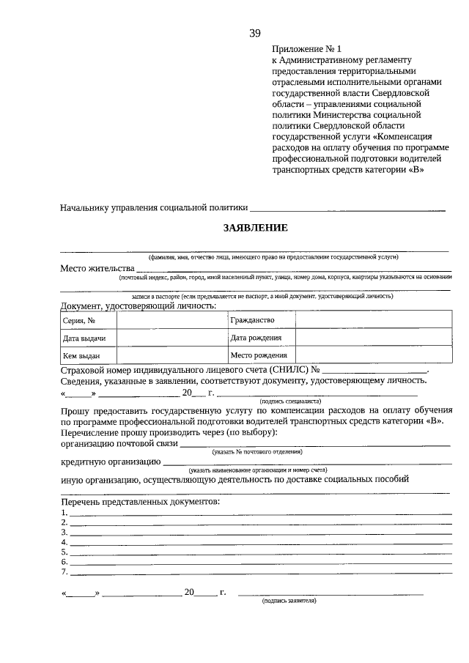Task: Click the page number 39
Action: point(255,33)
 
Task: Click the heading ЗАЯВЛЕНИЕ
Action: point(256,228)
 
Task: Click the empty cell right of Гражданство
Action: point(373,320)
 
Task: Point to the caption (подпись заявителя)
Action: point(289,600)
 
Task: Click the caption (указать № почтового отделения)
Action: point(258,453)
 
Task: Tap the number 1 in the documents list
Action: point(64,513)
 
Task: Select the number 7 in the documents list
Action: point(64,571)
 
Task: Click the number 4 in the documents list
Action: point(64,542)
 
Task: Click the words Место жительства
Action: point(97,268)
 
